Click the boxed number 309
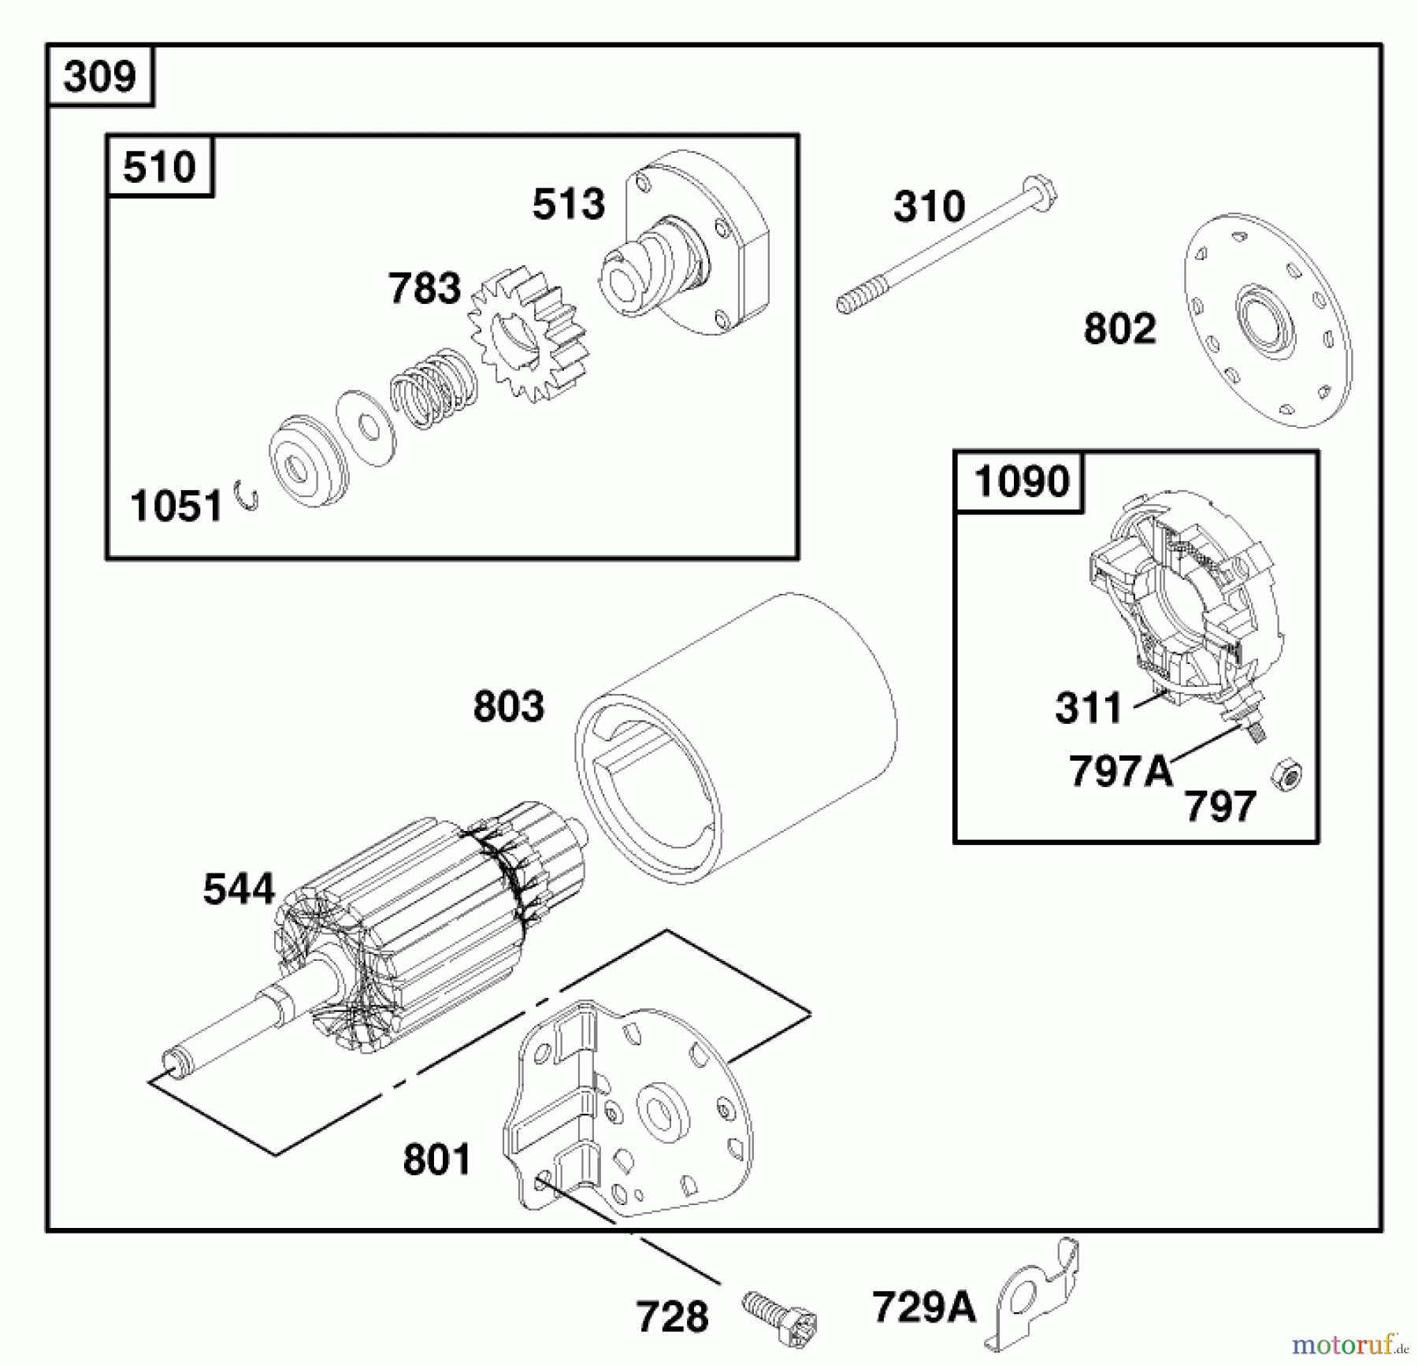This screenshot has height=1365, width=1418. [x=100, y=76]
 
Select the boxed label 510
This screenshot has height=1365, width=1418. [x=159, y=167]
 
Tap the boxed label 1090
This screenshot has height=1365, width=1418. [x=1021, y=481]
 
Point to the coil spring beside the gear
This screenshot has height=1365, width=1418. [x=433, y=388]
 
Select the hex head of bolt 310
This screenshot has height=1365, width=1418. [x=1042, y=194]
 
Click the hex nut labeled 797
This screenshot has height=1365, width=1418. [x=1286, y=774]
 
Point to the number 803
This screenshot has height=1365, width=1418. [x=508, y=707]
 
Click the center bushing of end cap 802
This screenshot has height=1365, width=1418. [x=1264, y=320]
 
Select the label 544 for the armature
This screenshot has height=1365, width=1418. [x=238, y=889]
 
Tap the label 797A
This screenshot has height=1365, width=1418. [x=1120, y=770]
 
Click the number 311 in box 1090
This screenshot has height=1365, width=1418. [x=1088, y=707]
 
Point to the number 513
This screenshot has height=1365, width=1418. [x=568, y=204]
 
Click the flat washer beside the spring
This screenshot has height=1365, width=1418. [x=366, y=428]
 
